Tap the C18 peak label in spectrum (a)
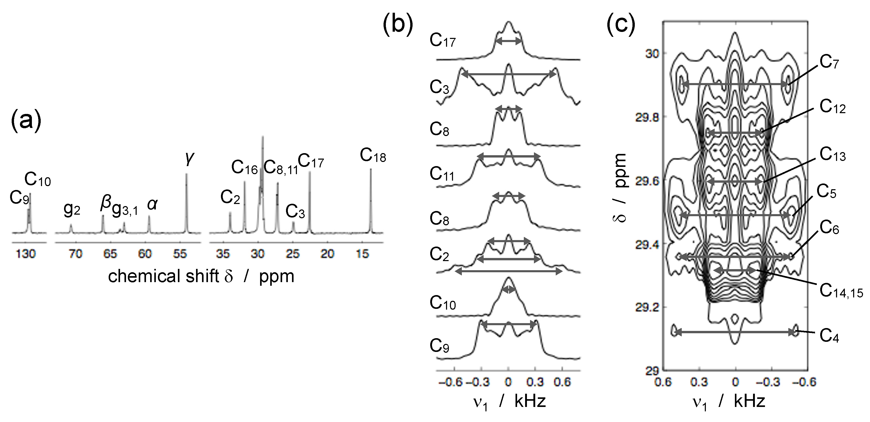click(x=373, y=156)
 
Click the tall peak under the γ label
click(x=186, y=203)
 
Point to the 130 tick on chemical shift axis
click(x=26, y=254)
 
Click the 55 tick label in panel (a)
click(x=180, y=254)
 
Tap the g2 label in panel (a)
click(x=72, y=210)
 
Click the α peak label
click(x=152, y=204)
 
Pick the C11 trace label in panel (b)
click(x=442, y=174)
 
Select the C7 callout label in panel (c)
click(x=829, y=63)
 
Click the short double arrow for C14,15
click(x=735, y=270)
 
